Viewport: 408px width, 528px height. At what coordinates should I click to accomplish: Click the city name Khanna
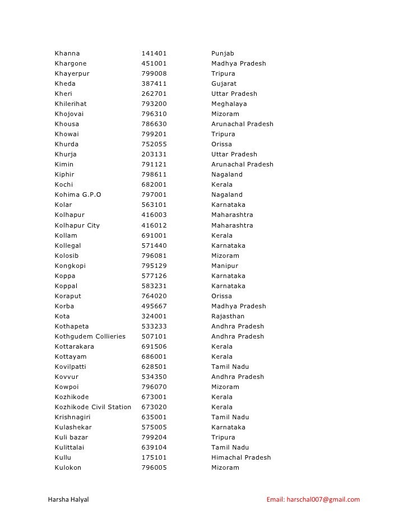pyautogui.click(x=67, y=53)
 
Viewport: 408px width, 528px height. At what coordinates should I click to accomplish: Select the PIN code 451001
pyautogui.click(x=154, y=63)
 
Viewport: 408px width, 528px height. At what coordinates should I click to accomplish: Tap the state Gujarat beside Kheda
pyautogui.click(x=224, y=84)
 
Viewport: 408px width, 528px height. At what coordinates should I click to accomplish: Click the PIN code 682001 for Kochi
pyautogui.click(x=154, y=184)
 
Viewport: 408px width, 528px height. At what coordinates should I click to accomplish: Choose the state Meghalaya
pyautogui.click(x=229, y=104)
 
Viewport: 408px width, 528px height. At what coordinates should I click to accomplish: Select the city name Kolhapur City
pyautogui.click(x=77, y=225)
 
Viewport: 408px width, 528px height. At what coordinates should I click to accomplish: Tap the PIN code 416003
pyautogui.click(x=154, y=215)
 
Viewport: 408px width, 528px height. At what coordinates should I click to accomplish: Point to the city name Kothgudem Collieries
pyautogui.click(x=90, y=336)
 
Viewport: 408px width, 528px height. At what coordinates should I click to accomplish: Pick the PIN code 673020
pyautogui.click(x=154, y=407)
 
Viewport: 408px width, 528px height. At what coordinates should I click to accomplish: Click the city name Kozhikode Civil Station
pyautogui.click(x=92, y=407)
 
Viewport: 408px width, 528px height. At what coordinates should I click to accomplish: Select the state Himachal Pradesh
pyautogui.click(x=240, y=457)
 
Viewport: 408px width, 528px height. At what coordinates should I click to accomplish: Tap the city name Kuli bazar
pyautogui.click(x=71, y=437)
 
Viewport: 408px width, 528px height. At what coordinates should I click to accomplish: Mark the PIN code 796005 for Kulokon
pyautogui.click(x=154, y=467)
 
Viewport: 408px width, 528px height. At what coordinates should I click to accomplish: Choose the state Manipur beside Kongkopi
pyautogui.click(x=224, y=266)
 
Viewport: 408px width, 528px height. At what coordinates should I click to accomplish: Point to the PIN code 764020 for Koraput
pyautogui.click(x=154, y=296)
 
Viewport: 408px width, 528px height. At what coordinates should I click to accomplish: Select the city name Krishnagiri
pyautogui.click(x=73, y=417)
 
